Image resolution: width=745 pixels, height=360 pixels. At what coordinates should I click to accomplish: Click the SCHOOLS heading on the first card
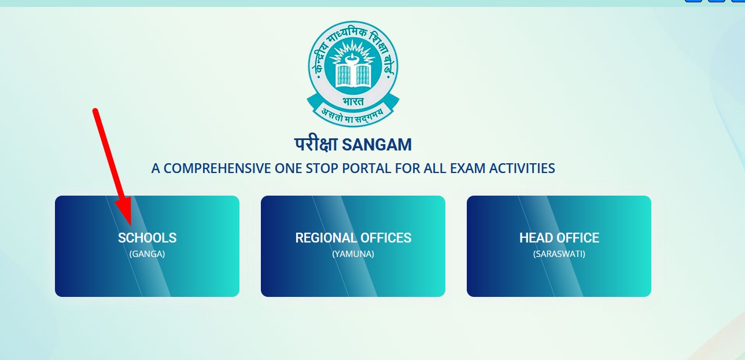click(147, 238)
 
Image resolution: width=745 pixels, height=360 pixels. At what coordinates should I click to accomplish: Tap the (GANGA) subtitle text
click(147, 254)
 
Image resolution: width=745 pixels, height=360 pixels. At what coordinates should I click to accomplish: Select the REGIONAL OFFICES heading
click(353, 238)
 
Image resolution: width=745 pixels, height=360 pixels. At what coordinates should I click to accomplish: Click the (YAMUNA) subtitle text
click(353, 254)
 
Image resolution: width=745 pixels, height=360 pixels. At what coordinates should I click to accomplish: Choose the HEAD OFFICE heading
click(559, 238)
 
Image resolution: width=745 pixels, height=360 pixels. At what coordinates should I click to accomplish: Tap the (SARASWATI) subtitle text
click(559, 254)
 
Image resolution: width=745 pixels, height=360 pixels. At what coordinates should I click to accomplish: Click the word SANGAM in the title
click(377, 144)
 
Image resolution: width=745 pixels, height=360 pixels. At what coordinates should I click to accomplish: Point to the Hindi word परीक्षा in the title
click(316, 144)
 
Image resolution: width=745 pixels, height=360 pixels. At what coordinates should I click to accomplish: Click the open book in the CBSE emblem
click(353, 74)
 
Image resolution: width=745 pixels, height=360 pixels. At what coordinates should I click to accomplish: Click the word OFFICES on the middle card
click(385, 238)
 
